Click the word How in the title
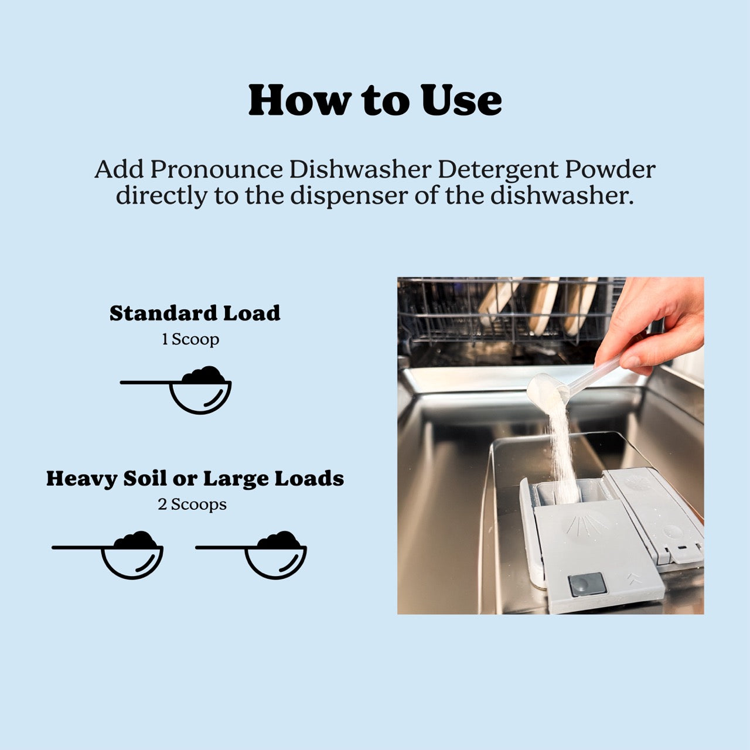[298, 101]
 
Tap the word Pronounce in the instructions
[216, 170]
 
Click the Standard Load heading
[195, 313]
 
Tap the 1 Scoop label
[190, 339]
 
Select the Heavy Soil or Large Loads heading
[195, 479]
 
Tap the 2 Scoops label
[192, 504]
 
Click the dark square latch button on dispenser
[587, 584]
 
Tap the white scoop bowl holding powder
[546, 390]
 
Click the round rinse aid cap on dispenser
[672, 532]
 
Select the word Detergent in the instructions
[498, 170]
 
